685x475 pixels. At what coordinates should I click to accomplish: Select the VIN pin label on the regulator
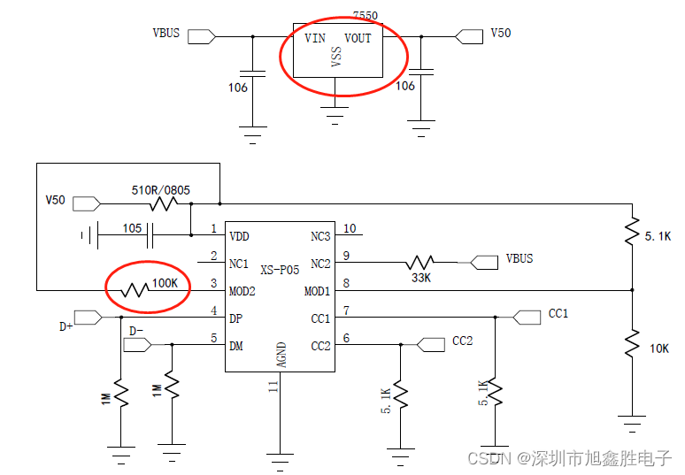pyautogui.click(x=315, y=38)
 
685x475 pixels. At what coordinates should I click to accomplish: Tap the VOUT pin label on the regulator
pyautogui.click(x=358, y=38)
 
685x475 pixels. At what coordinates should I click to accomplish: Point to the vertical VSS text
pyautogui.click(x=336, y=58)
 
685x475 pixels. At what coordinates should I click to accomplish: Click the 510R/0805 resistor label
pyautogui.click(x=161, y=189)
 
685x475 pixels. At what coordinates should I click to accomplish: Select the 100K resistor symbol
pyautogui.click(x=135, y=289)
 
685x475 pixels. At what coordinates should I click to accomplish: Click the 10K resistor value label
pyautogui.click(x=659, y=349)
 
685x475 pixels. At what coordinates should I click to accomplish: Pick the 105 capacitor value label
pyautogui.click(x=132, y=227)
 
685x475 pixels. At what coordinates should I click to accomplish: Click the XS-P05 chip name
pyautogui.click(x=279, y=268)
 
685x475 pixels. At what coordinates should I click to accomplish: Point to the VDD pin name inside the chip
pyautogui.click(x=240, y=236)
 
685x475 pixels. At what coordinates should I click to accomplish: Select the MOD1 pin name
pyautogui.click(x=317, y=291)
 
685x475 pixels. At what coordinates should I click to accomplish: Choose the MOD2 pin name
pyautogui.click(x=243, y=291)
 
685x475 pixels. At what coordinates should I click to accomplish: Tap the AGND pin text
pyautogui.click(x=281, y=353)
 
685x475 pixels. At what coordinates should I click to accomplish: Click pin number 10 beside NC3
pyautogui.click(x=350, y=229)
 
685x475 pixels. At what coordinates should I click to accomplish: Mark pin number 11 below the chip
pyautogui.click(x=273, y=387)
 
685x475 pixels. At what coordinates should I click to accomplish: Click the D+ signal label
pyautogui.click(x=66, y=326)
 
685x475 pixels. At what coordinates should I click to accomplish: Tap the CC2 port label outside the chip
pyautogui.click(x=462, y=341)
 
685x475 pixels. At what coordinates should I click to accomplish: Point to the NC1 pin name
pyautogui.click(x=240, y=264)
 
